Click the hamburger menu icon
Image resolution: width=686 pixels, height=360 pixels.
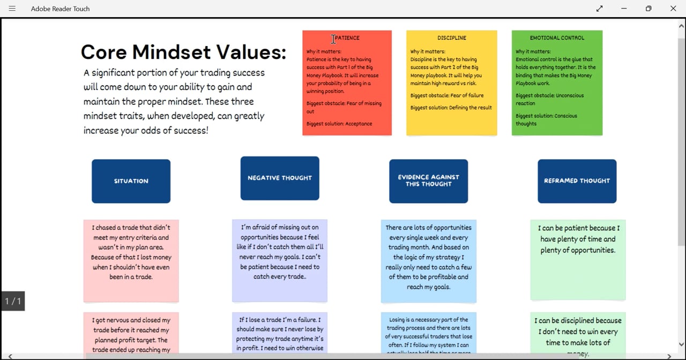(x=12, y=9)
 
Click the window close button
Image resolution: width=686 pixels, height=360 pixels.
(x=673, y=9)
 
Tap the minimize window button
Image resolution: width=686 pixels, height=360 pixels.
(x=624, y=9)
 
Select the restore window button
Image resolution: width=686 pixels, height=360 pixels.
(x=648, y=9)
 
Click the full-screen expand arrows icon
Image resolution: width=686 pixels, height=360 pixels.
(x=599, y=9)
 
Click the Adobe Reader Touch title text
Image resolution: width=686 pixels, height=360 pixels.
(x=60, y=9)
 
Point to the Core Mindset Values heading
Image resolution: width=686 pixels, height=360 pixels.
(x=183, y=52)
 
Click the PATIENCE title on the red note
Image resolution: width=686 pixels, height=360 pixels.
(x=347, y=38)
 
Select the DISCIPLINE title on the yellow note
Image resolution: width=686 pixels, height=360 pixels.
(x=452, y=38)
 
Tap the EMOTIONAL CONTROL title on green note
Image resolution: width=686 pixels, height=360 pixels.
(x=557, y=38)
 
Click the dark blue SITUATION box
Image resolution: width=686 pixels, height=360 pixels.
(x=131, y=181)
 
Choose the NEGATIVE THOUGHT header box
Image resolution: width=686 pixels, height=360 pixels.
(x=280, y=178)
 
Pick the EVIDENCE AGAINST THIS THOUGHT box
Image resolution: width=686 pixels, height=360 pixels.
(x=428, y=181)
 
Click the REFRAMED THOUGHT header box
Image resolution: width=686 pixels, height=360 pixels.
(x=577, y=181)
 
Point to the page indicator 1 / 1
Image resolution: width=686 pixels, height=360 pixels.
(x=13, y=301)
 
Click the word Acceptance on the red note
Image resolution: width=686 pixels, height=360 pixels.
(x=359, y=124)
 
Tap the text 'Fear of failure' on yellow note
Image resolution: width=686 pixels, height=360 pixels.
(x=467, y=95)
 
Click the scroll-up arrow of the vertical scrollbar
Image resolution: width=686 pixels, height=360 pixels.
(x=682, y=25)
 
